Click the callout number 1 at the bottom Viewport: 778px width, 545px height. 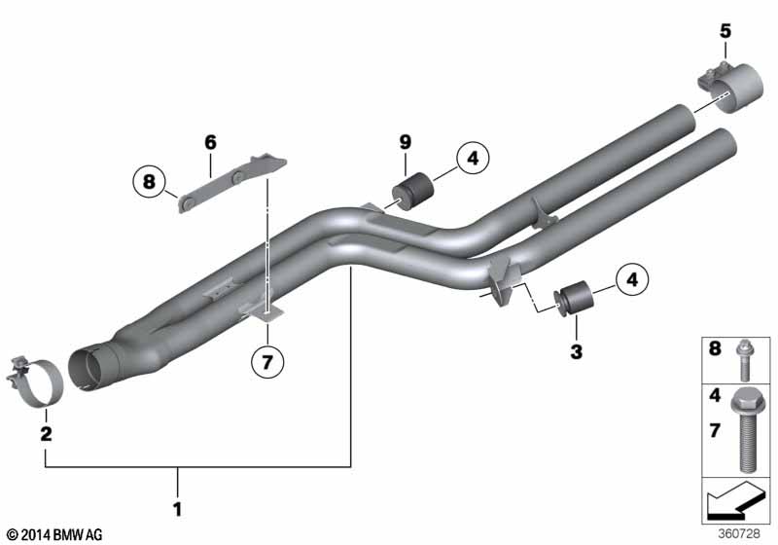[x=177, y=508]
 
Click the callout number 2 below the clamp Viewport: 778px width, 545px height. [x=46, y=433]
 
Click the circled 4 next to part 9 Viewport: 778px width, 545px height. [x=470, y=158]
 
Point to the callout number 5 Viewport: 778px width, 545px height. [x=725, y=30]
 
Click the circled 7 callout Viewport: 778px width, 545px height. [x=267, y=363]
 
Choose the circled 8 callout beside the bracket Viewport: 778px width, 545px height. [x=149, y=182]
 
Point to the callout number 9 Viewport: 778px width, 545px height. [x=406, y=142]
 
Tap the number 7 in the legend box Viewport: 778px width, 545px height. [x=716, y=430]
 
